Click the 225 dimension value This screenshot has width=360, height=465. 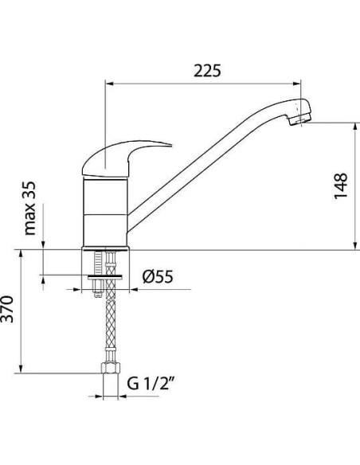(x=205, y=70)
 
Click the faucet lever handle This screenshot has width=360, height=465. (x=127, y=158)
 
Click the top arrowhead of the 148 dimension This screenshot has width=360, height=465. (x=354, y=127)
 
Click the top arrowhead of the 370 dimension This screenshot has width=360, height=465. (x=22, y=253)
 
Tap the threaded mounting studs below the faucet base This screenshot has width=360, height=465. (x=104, y=263)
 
